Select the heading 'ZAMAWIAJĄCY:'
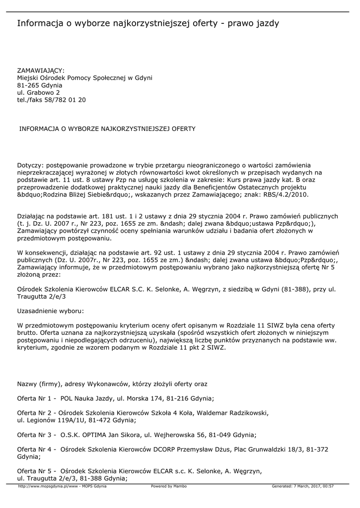pos(41,70)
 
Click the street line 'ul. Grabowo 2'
pos(39,92)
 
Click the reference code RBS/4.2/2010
pos(287,195)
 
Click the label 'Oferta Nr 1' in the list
pos(34,398)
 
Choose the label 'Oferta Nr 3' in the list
pos(34,435)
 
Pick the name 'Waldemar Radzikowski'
pos(234,413)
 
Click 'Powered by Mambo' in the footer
pos(169,486)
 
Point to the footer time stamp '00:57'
pos(328,486)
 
